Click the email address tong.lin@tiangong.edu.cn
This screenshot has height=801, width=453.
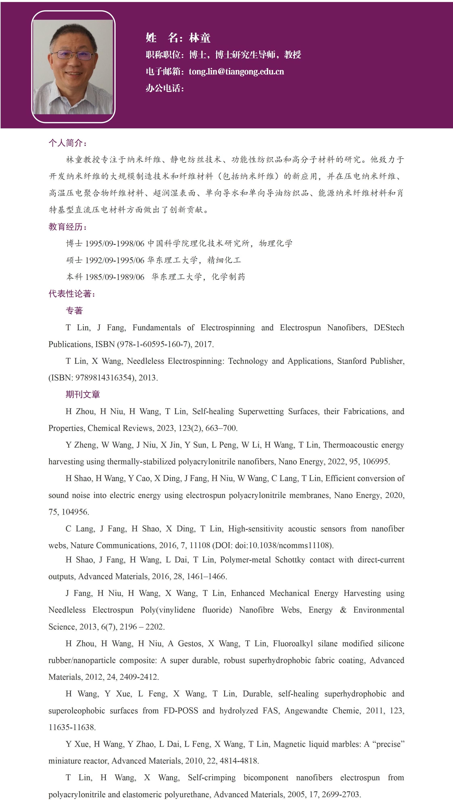click(x=236, y=72)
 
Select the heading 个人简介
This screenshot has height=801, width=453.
click(x=67, y=143)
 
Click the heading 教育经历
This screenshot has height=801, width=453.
click(x=67, y=227)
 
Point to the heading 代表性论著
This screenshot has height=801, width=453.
click(x=72, y=294)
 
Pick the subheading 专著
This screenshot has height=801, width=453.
click(x=74, y=310)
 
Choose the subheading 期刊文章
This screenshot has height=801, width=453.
click(x=83, y=394)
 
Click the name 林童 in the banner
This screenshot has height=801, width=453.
click(x=200, y=38)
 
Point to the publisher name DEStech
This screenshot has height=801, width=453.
click(x=389, y=327)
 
